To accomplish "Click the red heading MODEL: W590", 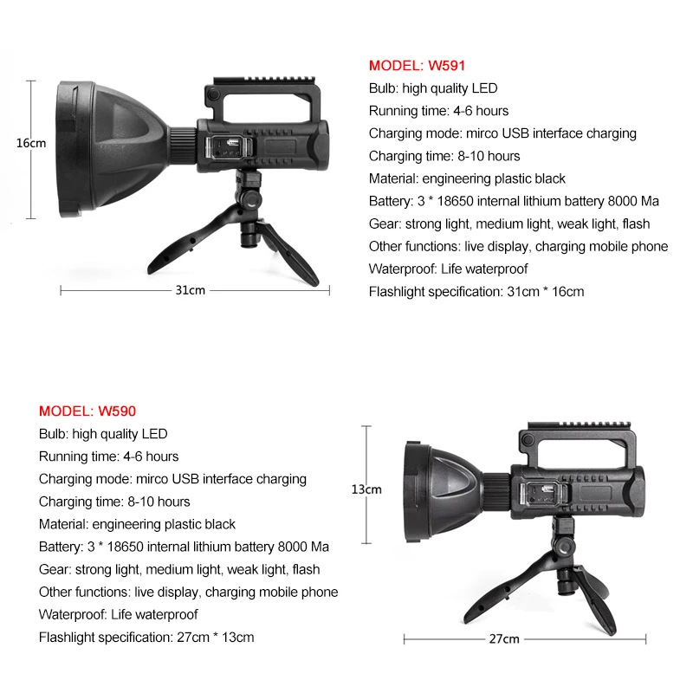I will [x=87, y=411].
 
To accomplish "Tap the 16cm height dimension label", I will [x=31, y=143].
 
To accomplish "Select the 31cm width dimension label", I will [x=191, y=290].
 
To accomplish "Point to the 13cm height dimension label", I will [x=366, y=489].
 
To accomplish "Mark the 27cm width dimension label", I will [x=504, y=639].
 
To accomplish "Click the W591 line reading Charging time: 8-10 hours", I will [x=444, y=156].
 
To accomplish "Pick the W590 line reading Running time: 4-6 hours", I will [x=108, y=457].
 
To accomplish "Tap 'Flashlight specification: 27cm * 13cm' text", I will [x=146, y=637].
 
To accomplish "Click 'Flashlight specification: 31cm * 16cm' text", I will [x=476, y=291].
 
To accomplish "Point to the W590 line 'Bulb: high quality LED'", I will [x=103, y=434].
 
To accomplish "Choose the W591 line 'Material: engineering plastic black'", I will [x=467, y=178].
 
